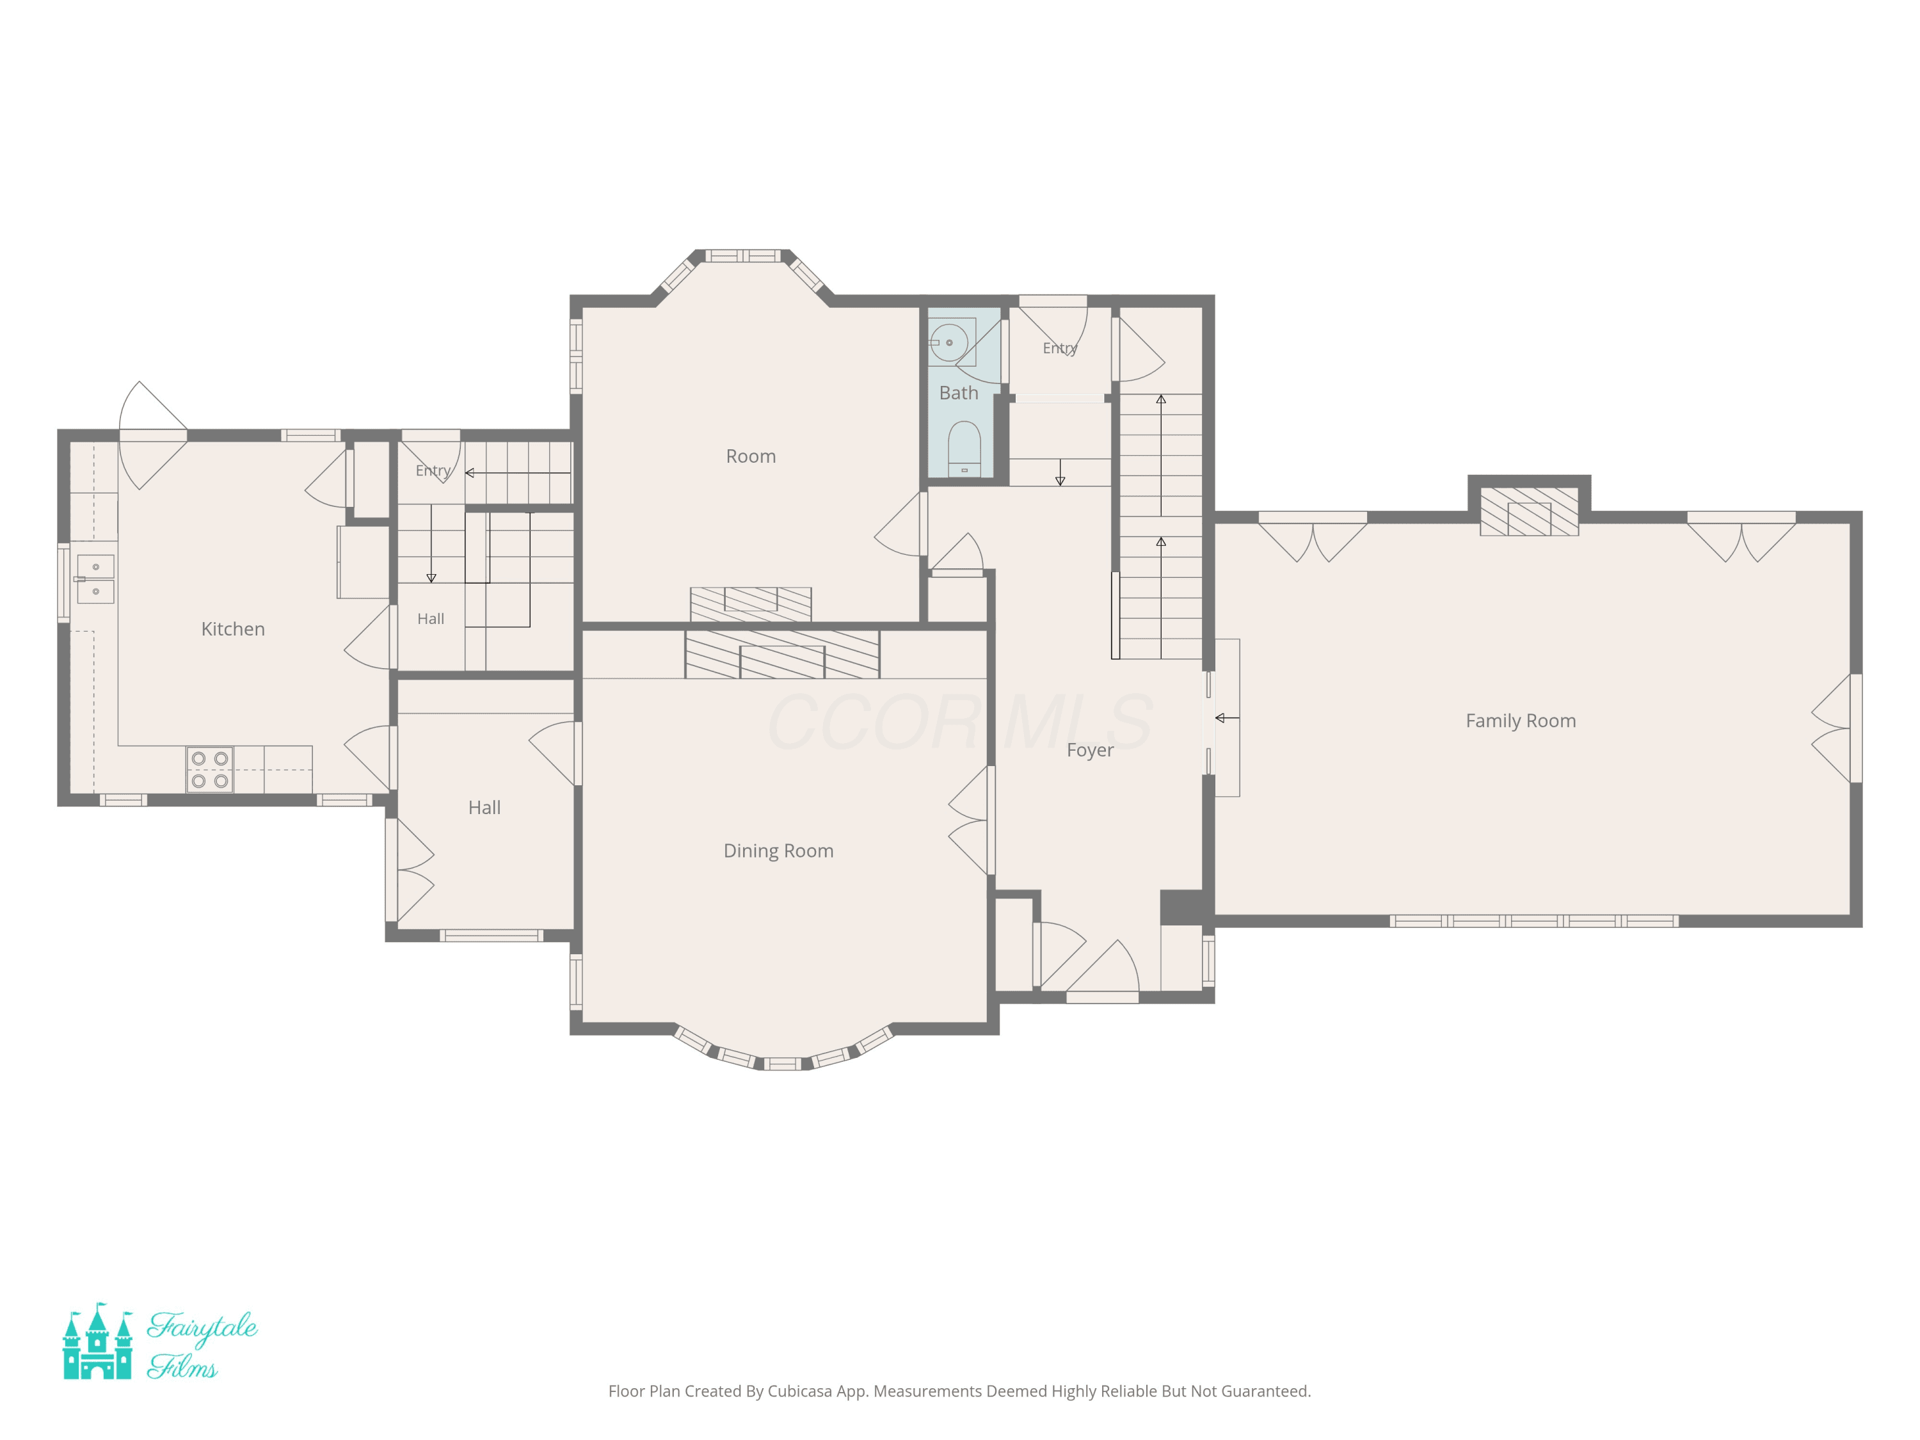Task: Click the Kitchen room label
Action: click(232, 629)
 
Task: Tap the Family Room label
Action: click(1521, 721)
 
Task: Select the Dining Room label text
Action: click(779, 851)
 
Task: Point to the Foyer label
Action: click(1090, 750)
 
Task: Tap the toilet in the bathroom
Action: click(964, 449)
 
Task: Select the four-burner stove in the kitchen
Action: click(210, 770)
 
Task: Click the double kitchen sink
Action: click(95, 579)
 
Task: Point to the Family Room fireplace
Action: click(1528, 511)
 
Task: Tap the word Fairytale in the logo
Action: click(202, 1327)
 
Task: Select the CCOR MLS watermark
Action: click(959, 722)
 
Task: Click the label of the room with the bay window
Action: click(751, 456)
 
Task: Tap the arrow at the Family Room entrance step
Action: click(1226, 718)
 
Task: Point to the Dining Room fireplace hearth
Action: click(782, 655)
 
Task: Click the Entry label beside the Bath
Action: click(1060, 348)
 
